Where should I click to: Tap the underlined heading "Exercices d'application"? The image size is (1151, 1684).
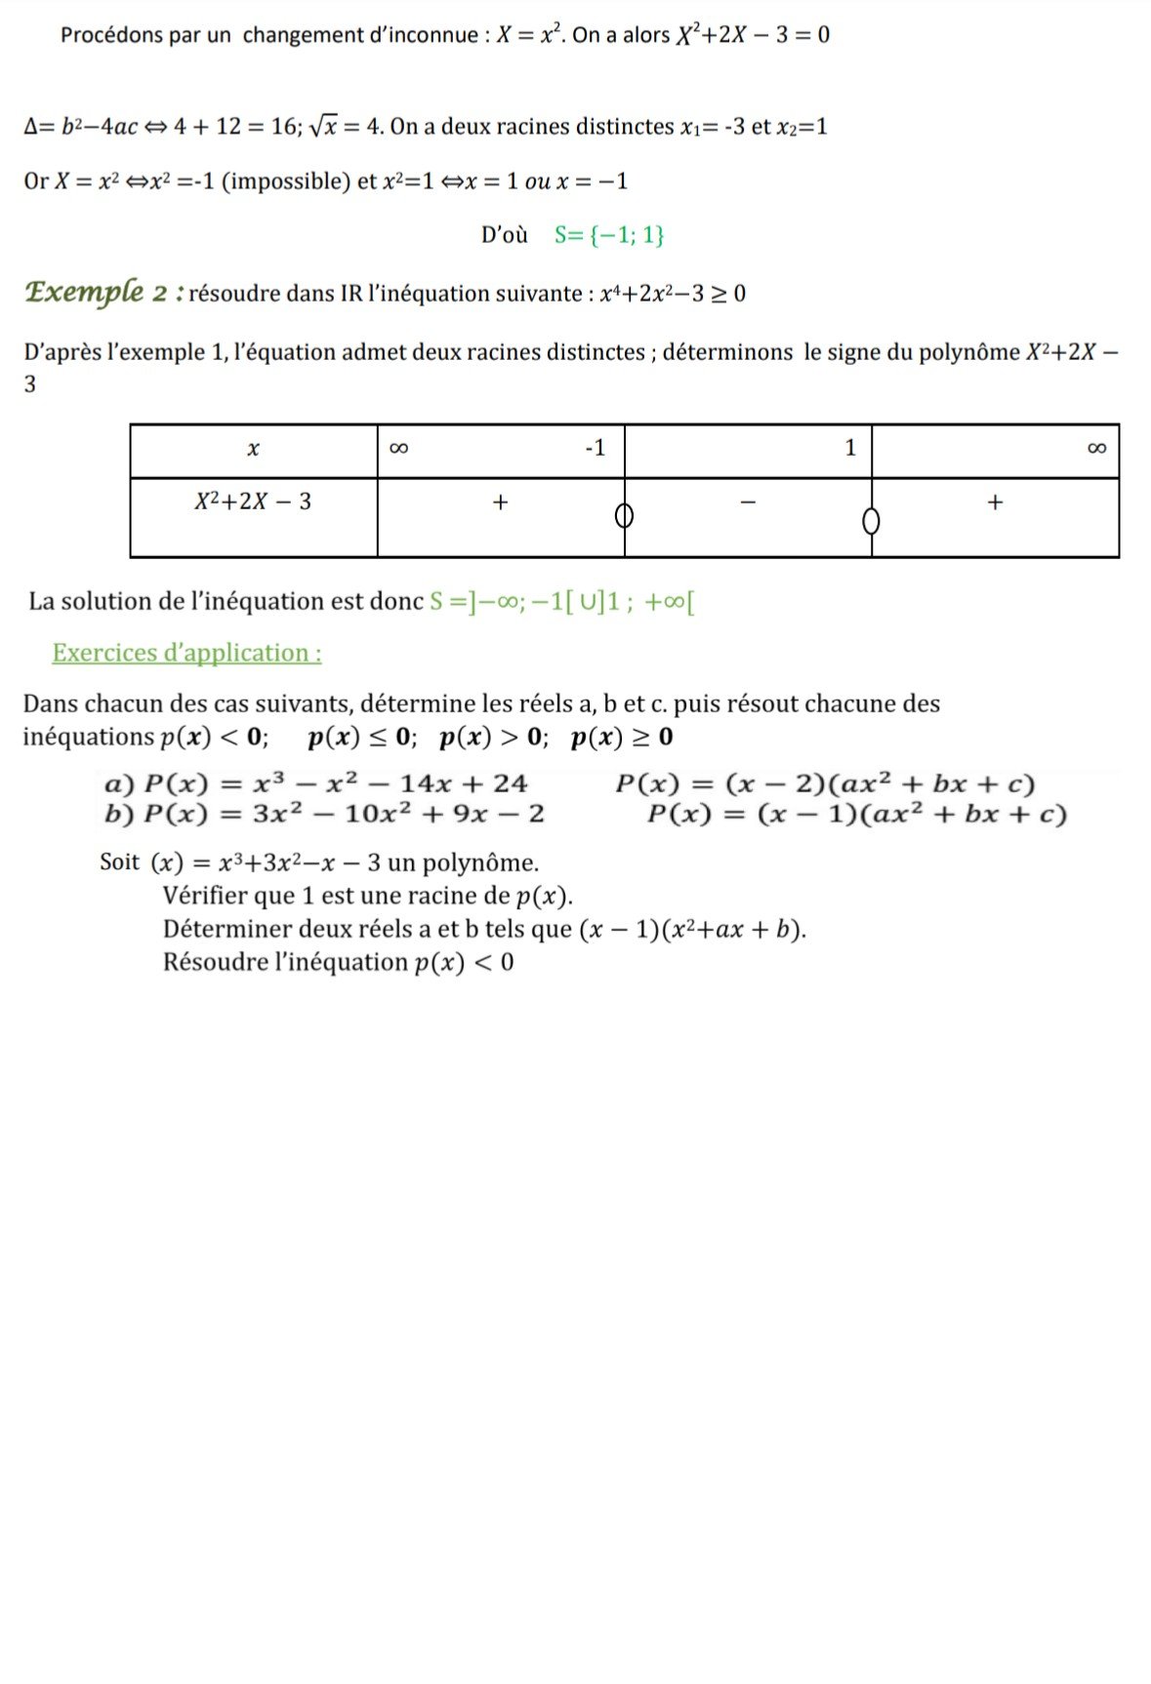186,653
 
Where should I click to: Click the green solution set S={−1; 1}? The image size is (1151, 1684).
609,235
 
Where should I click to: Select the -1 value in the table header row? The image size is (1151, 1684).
595,448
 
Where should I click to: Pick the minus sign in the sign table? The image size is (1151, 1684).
748,502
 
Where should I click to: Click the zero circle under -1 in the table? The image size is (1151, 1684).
625,514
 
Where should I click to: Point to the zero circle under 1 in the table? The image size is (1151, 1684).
871,521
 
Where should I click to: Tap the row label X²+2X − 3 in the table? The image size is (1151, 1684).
253,501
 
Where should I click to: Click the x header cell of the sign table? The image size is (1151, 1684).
253,449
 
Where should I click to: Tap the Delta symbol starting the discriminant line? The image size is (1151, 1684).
31,127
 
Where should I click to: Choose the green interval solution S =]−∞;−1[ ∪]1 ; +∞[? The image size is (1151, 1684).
561,602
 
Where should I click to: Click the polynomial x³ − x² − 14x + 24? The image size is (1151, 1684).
391,783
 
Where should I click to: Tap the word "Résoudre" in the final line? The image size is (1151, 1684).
215,962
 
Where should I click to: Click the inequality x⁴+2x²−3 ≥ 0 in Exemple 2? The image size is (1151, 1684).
673,294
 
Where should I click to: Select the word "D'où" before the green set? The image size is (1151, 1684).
504,235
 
